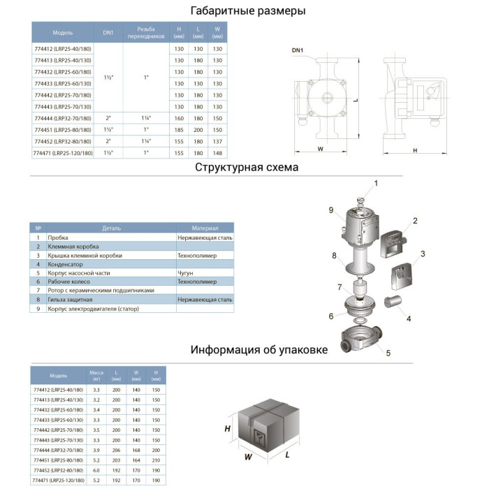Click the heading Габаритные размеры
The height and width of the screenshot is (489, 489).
click(x=248, y=11)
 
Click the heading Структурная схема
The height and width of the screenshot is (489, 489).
click(x=247, y=168)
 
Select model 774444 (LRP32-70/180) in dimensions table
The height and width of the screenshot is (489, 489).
click(x=63, y=119)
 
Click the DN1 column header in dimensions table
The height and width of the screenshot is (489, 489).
click(x=108, y=33)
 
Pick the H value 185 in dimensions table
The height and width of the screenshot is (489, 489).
click(x=180, y=129)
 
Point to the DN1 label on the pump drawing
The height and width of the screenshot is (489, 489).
click(x=298, y=51)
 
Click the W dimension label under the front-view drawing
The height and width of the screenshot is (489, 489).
click(x=319, y=149)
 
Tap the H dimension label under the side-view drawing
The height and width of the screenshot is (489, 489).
click(x=415, y=149)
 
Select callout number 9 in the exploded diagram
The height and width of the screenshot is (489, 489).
click(x=330, y=210)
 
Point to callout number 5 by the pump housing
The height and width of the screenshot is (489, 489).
click(x=388, y=353)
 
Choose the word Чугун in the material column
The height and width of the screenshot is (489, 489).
click(x=187, y=272)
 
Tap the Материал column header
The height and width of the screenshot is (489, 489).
click(x=205, y=228)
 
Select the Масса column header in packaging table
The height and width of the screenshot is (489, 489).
click(x=97, y=374)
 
